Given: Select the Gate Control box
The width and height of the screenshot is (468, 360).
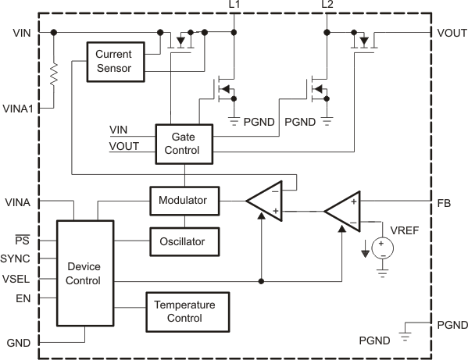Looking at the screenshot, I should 184,143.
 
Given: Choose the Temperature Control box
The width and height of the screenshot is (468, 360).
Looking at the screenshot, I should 184,311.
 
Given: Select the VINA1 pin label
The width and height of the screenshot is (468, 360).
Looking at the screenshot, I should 18,109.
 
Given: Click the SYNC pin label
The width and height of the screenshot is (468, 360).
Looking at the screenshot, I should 16,258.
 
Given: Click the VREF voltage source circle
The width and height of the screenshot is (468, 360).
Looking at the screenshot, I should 381,248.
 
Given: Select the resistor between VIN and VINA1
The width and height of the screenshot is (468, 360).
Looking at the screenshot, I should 53,75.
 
